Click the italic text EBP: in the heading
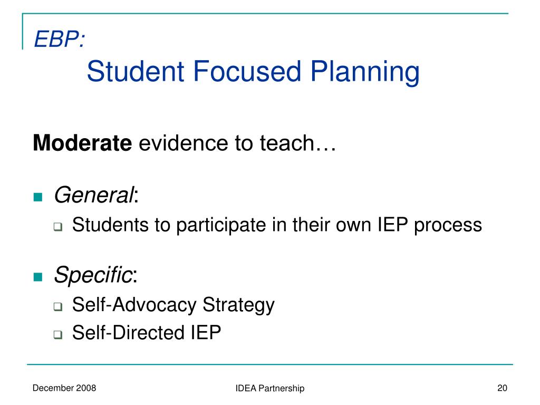[59, 39]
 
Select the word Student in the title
[136, 71]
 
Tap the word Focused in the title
[247, 71]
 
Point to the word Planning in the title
[365, 72]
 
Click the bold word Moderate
[82, 142]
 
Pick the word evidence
[183, 142]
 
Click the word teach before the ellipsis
[287, 142]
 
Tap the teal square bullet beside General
[38, 197]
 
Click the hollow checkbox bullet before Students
[58, 227]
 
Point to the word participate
[221, 226]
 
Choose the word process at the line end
[448, 226]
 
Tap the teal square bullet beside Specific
[38, 277]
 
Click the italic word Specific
[93, 275]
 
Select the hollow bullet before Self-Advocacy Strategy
[58, 306]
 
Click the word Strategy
[238, 305]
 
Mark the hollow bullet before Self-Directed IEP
[58, 334]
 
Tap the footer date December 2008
[64, 388]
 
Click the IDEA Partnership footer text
[270, 389]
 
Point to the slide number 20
[502, 388]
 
